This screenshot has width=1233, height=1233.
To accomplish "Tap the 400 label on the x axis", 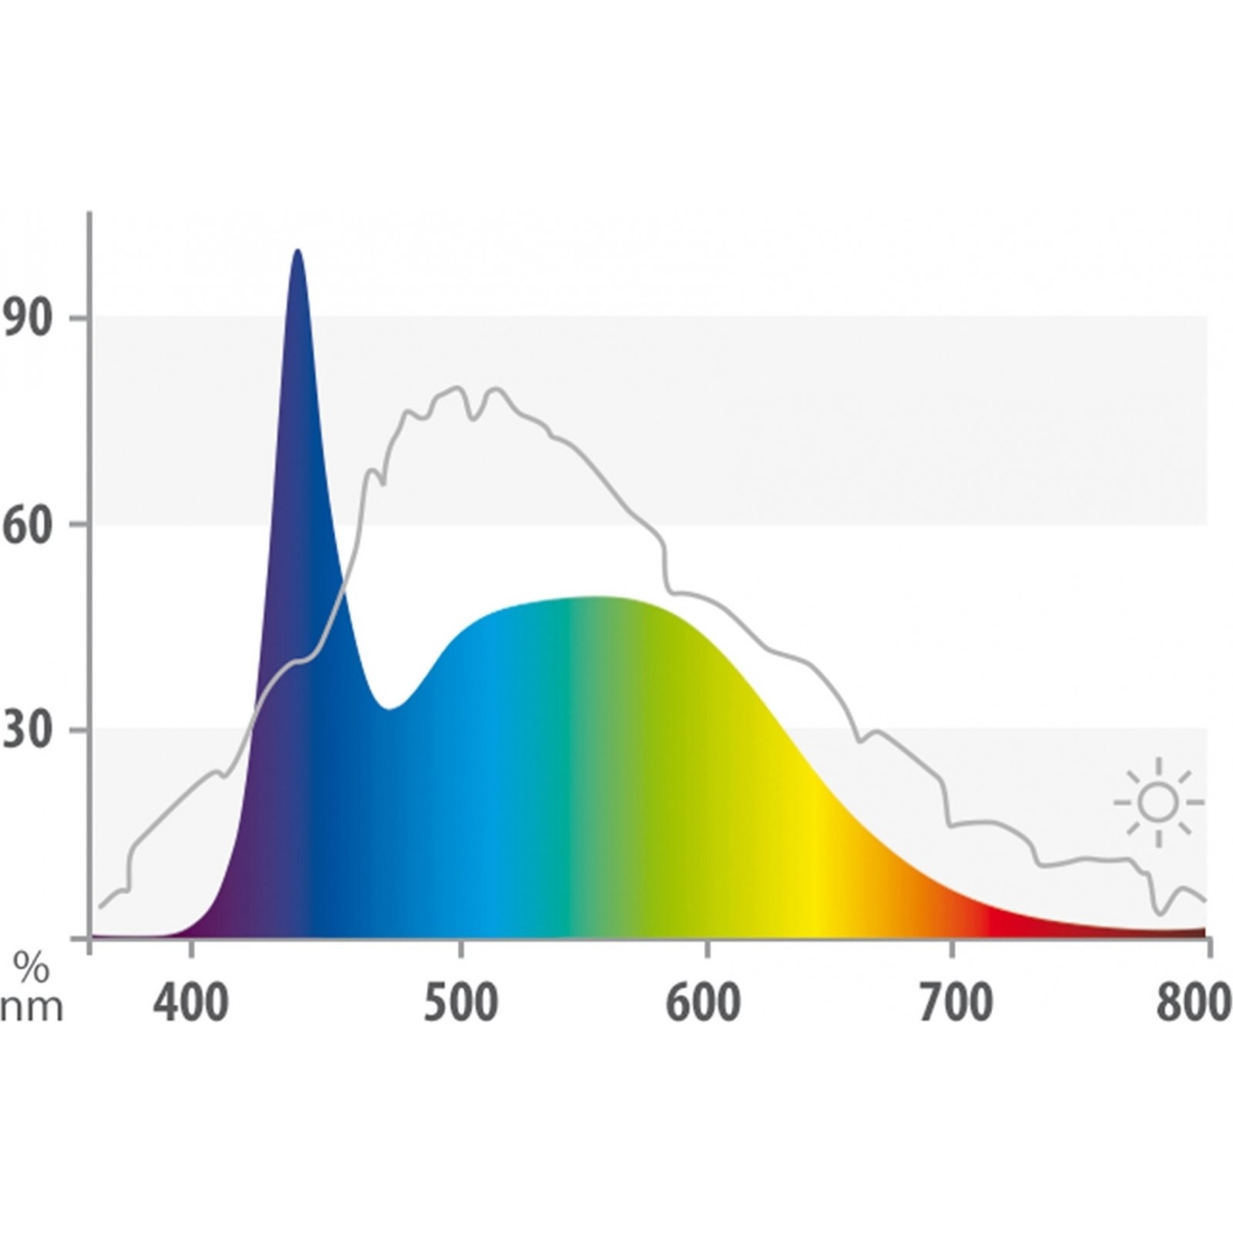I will [x=190, y=1003].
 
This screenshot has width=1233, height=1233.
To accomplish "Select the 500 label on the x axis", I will [x=461, y=1003].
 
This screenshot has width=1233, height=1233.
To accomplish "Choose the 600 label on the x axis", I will [x=704, y=1003].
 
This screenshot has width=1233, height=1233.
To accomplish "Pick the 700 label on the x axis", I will [x=956, y=1003].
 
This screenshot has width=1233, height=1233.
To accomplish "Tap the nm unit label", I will [x=31, y=1008].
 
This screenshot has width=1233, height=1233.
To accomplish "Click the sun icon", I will [x=1157, y=802].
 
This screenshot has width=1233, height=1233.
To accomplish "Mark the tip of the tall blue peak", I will [x=297, y=251].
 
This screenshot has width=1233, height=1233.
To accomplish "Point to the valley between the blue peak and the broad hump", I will [x=390, y=707].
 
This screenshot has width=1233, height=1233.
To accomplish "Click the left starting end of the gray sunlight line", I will [x=100, y=906].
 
